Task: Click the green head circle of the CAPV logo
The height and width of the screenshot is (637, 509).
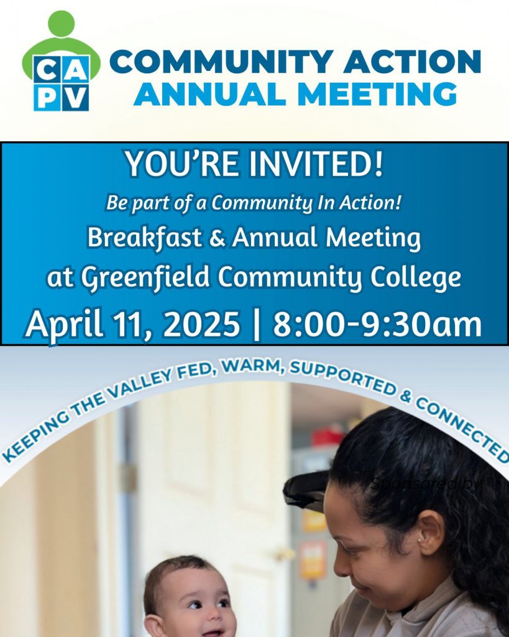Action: click(62, 24)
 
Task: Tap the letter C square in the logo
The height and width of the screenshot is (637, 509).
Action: click(47, 70)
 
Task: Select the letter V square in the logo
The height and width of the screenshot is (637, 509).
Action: click(75, 98)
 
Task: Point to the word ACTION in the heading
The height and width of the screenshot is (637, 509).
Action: click(413, 62)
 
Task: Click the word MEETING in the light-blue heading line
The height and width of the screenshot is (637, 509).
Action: click(377, 94)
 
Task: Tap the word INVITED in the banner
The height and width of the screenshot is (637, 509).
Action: click(316, 164)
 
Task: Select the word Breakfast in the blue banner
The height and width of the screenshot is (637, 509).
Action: click(145, 238)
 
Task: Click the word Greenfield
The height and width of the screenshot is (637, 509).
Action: click(145, 278)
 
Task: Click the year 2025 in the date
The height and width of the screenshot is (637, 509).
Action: click(201, 324)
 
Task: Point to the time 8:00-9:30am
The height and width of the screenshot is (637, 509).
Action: click(377, 324)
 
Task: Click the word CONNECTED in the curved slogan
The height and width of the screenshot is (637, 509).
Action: click(463, 430)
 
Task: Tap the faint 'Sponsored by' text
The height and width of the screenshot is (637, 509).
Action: click(426, 484)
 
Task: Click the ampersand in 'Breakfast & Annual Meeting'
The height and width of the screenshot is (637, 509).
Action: click(217, 238)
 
